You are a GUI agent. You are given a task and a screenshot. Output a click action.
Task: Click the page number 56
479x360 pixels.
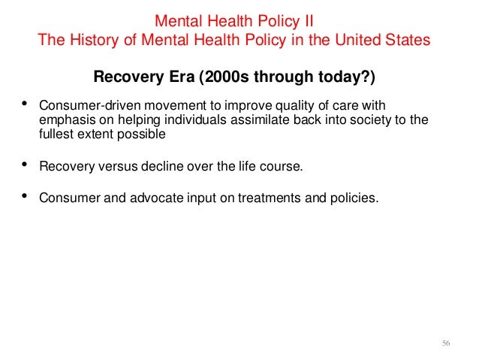(x=446, y=343)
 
